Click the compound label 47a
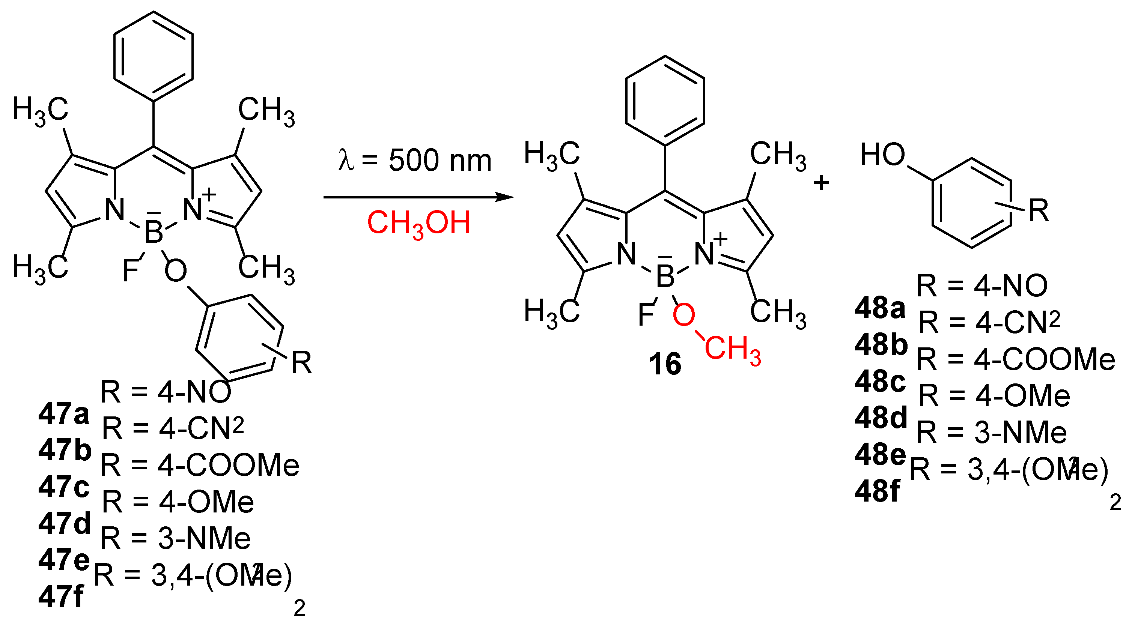coord(63,414)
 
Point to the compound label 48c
coord(880,382)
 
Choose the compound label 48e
coord(880,454)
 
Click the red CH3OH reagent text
coord(418,223)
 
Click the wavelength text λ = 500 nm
coord(415,160)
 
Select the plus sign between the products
coord(821,183)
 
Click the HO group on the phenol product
coord(882,155)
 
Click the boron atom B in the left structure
coord(154,232)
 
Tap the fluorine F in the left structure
coord(131,270)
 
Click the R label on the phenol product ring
coord(1039,211)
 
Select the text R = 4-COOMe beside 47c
coord(200,466)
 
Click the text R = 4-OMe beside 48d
coord(994,396)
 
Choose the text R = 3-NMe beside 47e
coord(176,538)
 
